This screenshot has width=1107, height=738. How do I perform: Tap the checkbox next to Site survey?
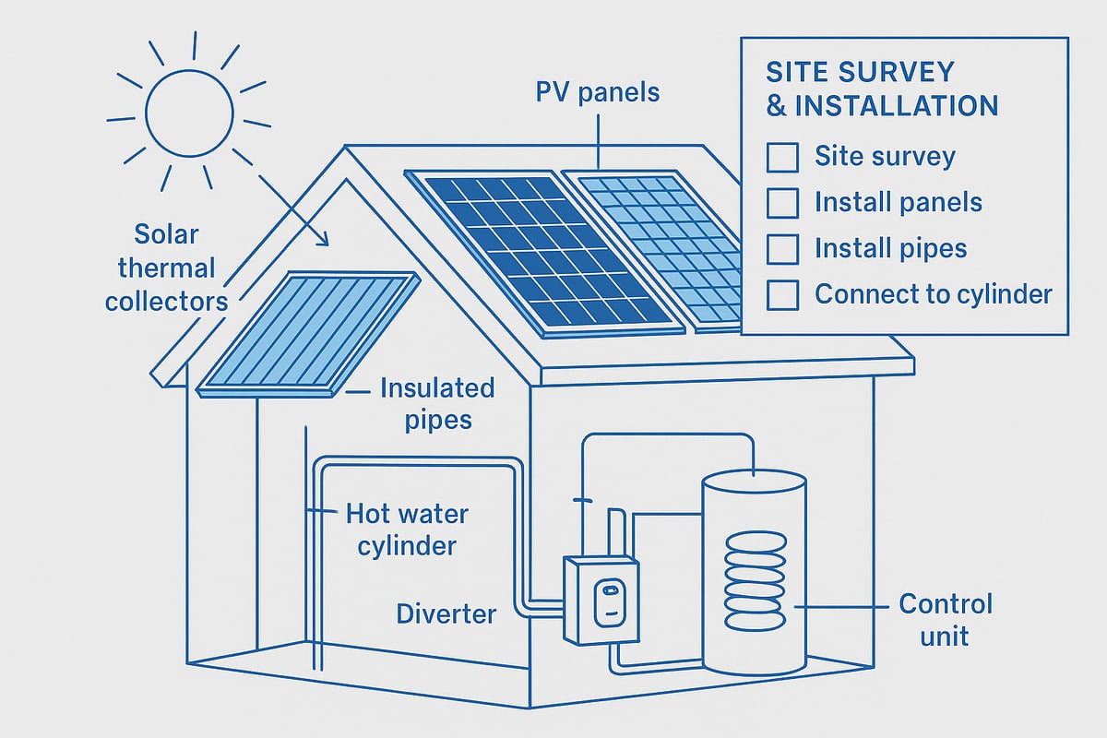click(x=782, y=157)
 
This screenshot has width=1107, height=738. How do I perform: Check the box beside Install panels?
click(x=782, y=203)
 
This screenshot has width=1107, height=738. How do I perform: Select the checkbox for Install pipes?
click(x=782, y=249)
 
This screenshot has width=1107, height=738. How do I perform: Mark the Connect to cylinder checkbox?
click(x=782, y=295)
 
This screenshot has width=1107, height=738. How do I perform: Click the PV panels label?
click(x=599, y=93)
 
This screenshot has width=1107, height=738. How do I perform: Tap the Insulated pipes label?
click(x=436, y=403)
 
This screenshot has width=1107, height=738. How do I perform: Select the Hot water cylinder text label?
click(x=400, y=529)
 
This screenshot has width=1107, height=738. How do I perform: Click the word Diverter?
click(x=446, y=613)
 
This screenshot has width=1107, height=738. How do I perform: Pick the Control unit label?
click(x=945, y=619)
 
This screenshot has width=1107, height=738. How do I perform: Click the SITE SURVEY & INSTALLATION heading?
click(x=881, y=89)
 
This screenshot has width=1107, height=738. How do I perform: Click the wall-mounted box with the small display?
click(x=601, y=600)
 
